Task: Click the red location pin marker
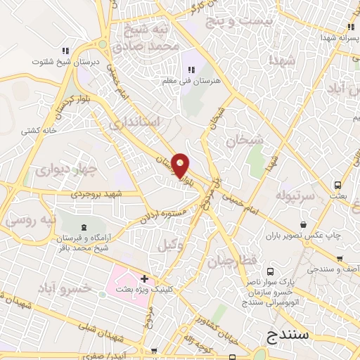[181, 165]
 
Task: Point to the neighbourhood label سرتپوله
[293, 193]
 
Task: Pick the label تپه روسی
[28, 220]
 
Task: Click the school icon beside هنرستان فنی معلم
[191, 69]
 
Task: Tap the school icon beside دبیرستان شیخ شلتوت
[65, 51]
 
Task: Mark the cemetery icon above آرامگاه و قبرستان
[84, 226]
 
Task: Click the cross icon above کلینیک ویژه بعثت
[145, 279]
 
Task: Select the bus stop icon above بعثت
[339, 185]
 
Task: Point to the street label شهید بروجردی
[96, 193]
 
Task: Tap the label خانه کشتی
[39, 130]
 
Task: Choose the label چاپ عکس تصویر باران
[311, 233]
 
